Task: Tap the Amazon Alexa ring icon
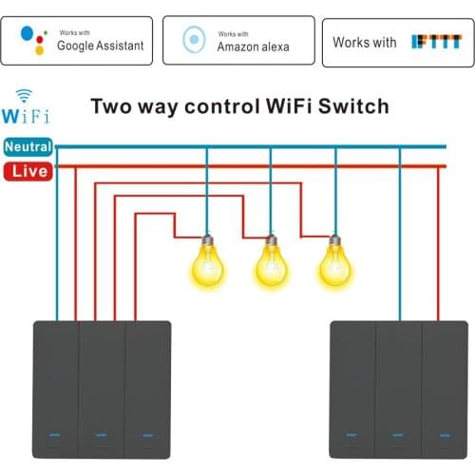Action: coord(195,41)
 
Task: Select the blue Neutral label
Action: coord(28,147)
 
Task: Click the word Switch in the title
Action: coord(355,105)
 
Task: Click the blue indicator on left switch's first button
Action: coord(55,436)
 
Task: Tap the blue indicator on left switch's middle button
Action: coord(102,436)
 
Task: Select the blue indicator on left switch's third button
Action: coord(147,436)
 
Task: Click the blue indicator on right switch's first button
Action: coord(352,436)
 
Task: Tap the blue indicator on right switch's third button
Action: coord(445,436)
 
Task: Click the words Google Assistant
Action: coord(101,46)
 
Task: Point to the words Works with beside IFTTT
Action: coord(365,42)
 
